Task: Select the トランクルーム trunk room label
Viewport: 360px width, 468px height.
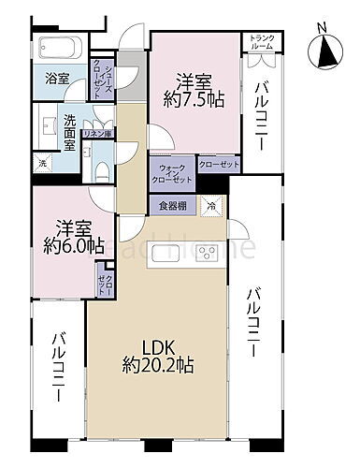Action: [x=260, y=42]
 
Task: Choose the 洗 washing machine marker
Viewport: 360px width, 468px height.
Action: [x=41, y=164]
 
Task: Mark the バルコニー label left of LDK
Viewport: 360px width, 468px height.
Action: [x=59, y=379]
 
